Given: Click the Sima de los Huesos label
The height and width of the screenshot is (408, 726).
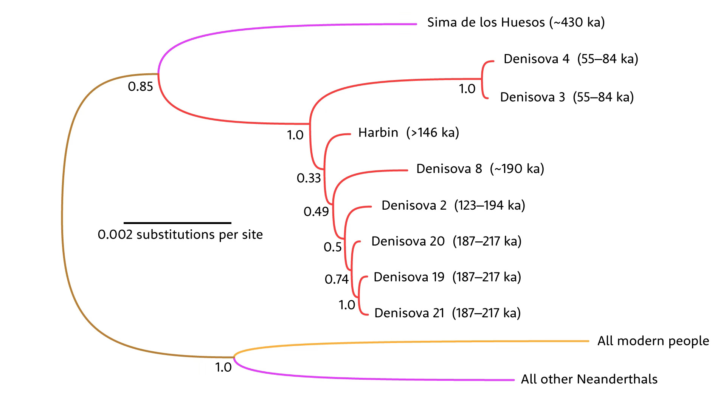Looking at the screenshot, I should coord(486,23).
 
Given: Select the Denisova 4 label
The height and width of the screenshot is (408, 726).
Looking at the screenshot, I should coord(536,59).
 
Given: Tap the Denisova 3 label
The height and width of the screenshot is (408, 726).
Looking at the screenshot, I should coord(532,97).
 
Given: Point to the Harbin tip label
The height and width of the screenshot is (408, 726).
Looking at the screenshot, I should coord(378,133).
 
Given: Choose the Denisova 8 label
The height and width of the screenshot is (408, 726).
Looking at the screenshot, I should coord(449,168).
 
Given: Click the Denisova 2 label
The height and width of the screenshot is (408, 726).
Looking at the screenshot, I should coord(414,205).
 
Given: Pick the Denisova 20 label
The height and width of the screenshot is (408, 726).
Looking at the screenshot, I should coord(408,241).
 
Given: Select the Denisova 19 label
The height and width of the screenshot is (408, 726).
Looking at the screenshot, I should coord(409,277).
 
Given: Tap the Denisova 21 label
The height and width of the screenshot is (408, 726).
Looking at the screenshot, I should coord(409,313).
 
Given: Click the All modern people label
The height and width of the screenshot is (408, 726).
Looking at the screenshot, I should coord(653,341).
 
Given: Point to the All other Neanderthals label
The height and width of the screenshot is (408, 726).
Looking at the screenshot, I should coord(589,379).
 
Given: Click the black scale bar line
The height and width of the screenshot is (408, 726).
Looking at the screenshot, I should coord(177,223).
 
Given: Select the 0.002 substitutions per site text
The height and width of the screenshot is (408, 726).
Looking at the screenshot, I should coord(180,235).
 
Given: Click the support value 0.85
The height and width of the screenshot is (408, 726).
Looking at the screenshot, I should coord(140,87).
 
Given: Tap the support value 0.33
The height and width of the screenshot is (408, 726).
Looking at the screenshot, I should coord(309,178).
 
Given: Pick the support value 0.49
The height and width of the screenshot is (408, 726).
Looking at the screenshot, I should coord(316,212).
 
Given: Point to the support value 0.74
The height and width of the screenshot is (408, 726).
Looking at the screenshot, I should coord(337,279).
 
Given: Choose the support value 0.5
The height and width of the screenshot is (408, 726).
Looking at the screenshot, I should coord(332,247).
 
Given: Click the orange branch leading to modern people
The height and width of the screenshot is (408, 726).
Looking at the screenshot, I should coord(416,342).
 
